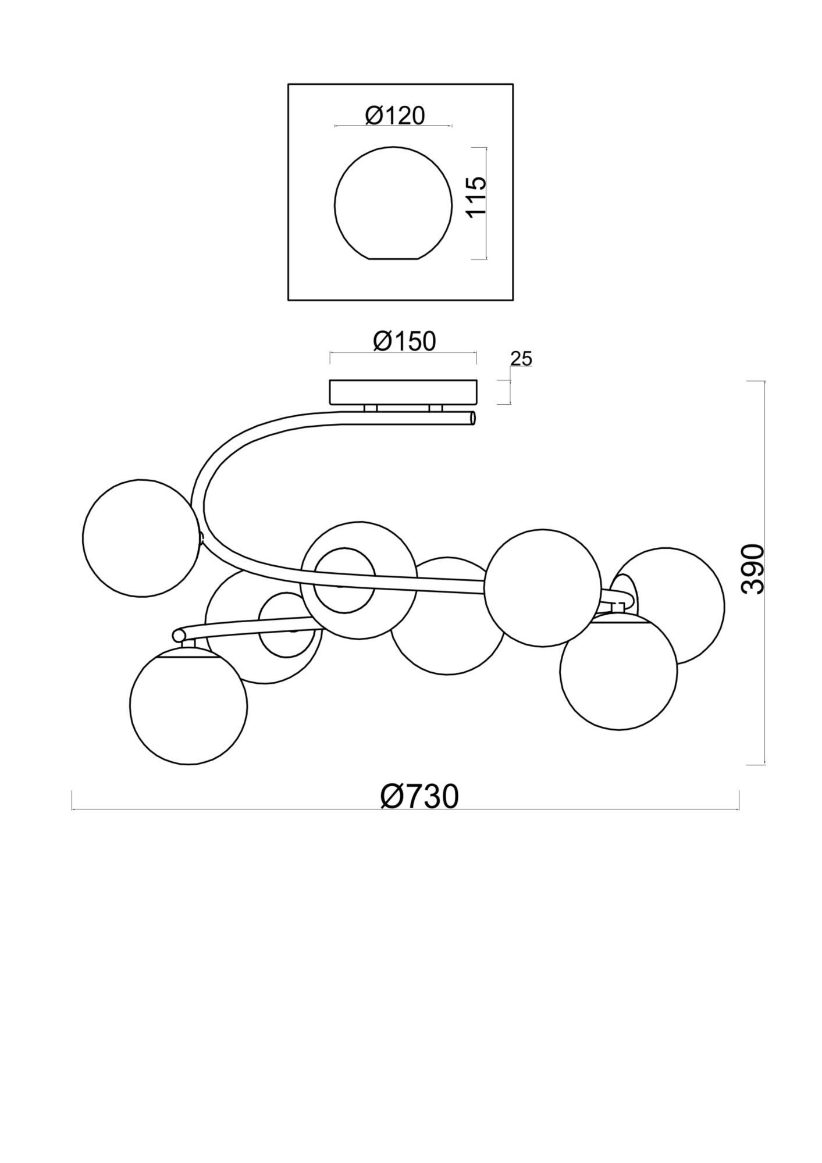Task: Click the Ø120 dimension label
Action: point(395,116)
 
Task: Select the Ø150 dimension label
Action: point(404,341)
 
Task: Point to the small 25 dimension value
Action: point(521,359)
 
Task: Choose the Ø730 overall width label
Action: point(419,797)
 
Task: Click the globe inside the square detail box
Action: point(393,202)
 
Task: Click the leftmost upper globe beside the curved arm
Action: point(142,538)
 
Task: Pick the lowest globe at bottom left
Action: point(188,705)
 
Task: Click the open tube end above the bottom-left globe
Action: point(177,634)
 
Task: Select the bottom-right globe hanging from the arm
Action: point(618,670)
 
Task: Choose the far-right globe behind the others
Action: point(686,587)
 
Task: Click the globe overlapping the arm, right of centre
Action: point(542,587)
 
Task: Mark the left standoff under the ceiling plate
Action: point(371,408)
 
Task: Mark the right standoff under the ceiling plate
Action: point(436,408)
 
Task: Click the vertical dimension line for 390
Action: point(764,573)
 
